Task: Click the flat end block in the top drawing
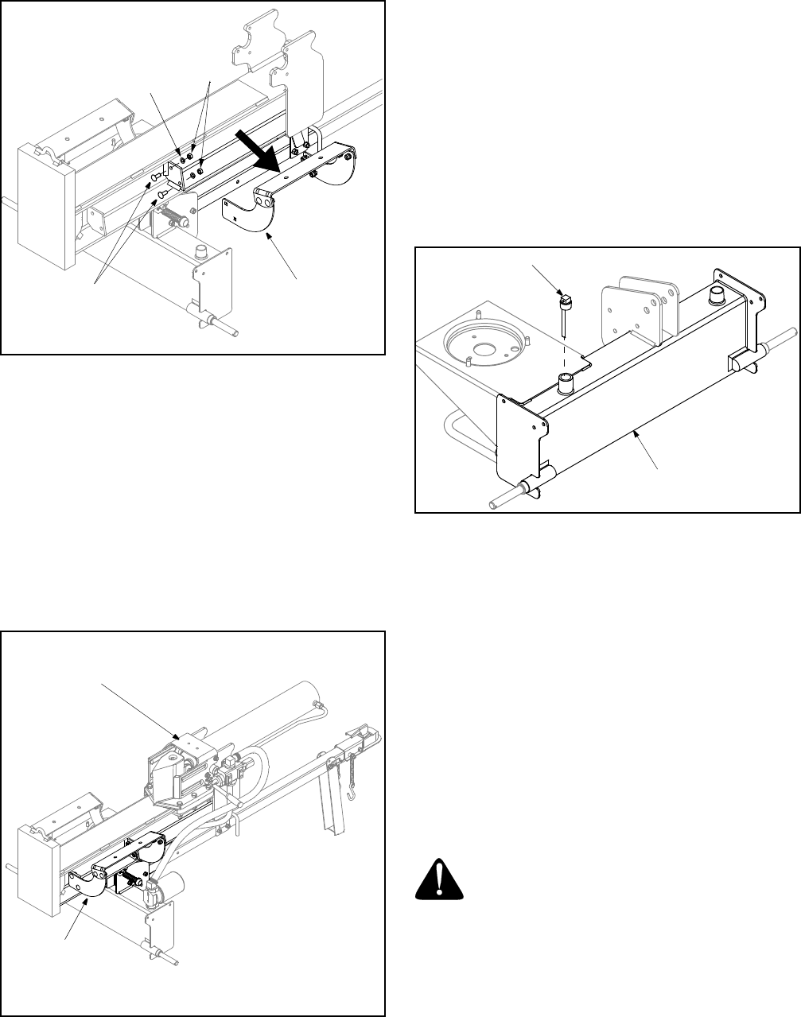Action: pyautogui.click(x=46, y=208)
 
